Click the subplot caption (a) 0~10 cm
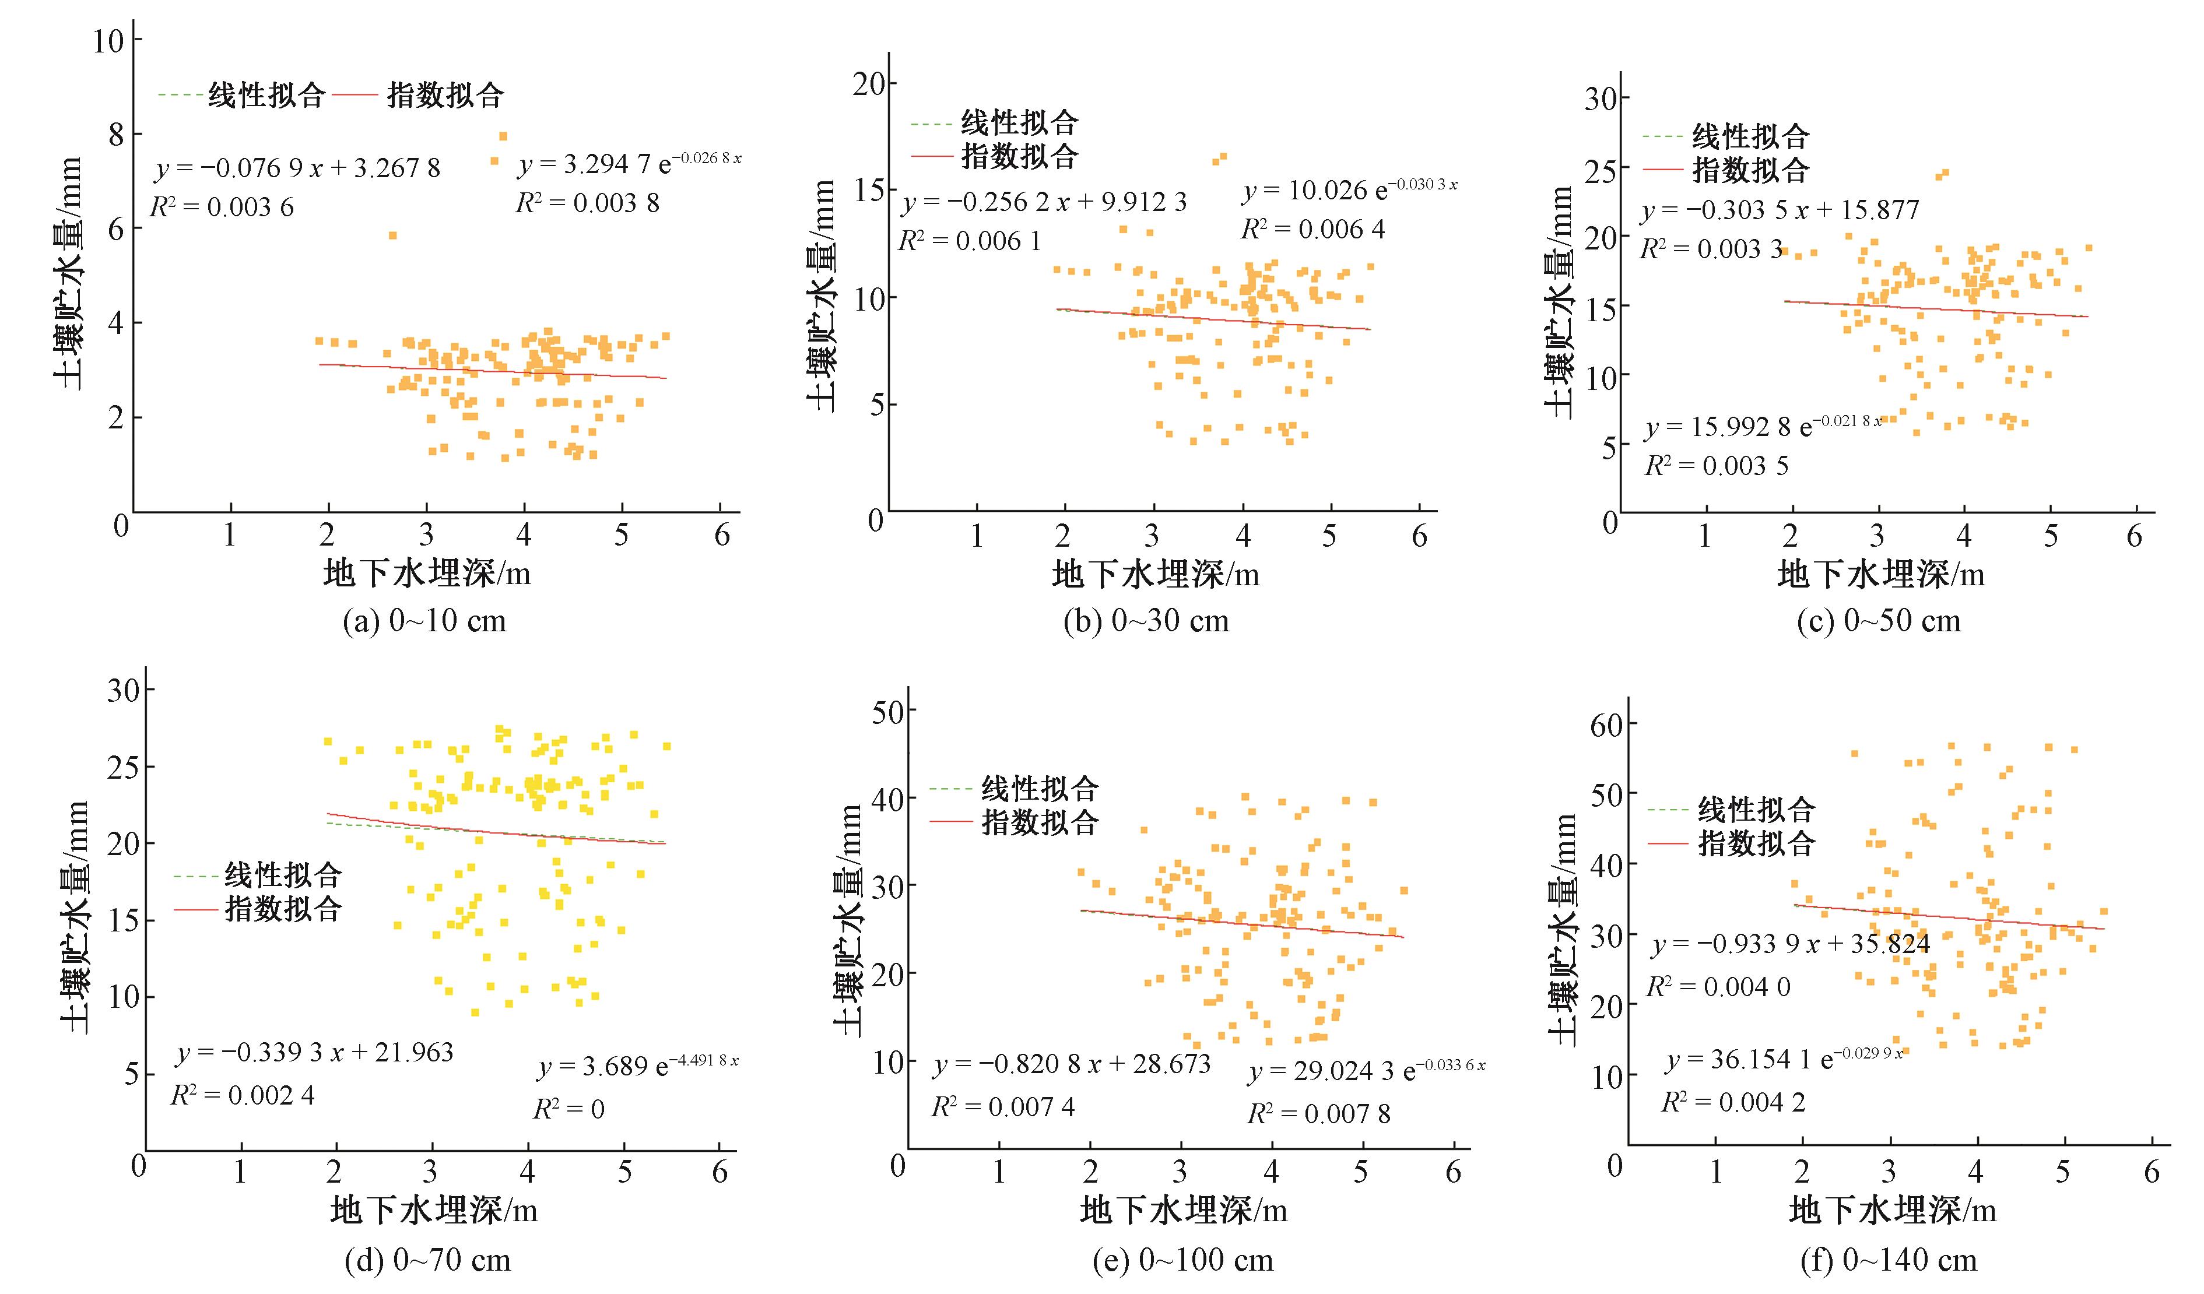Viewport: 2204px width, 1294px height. [425, 621]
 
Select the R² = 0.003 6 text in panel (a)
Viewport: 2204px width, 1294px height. [222, 208]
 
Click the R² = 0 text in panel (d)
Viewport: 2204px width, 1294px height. [568, 1110]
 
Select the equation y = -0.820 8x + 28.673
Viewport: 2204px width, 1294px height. [1072, 1064]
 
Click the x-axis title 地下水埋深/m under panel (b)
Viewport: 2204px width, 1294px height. [1154, 575]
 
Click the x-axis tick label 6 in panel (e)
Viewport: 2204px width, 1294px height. [1453, 1172]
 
